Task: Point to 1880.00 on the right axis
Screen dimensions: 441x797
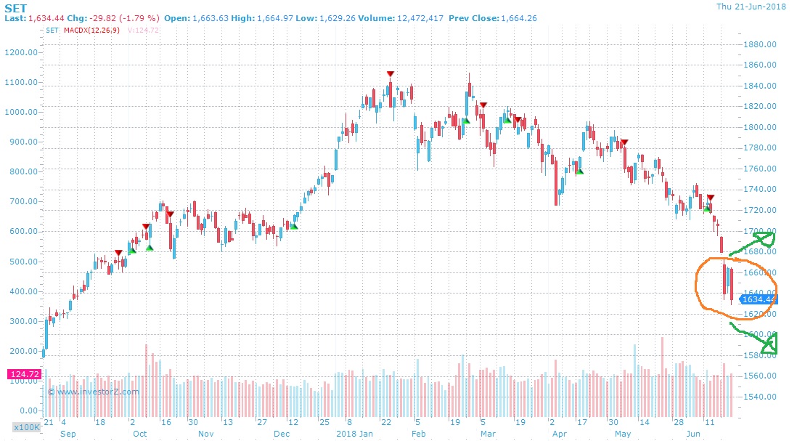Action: click(x=761, y=44)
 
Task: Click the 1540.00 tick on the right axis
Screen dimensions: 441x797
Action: click(x=761, y=397)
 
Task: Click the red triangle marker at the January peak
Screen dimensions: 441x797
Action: click(x=391, y=74)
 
